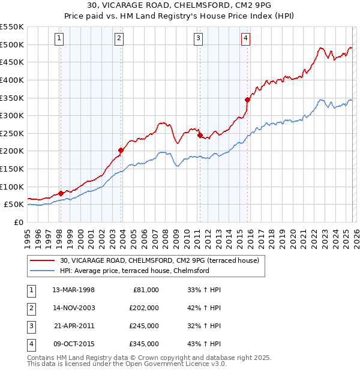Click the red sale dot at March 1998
[x=61, y=193]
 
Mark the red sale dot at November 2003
[x=121, y=150]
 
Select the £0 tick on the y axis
[x=18, y=222]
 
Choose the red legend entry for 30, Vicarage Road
[x=159, y=260]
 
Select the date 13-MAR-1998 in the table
[x=74, y=290]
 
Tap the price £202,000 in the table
[x=143, y=308]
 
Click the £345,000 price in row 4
[x=143, y=344]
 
